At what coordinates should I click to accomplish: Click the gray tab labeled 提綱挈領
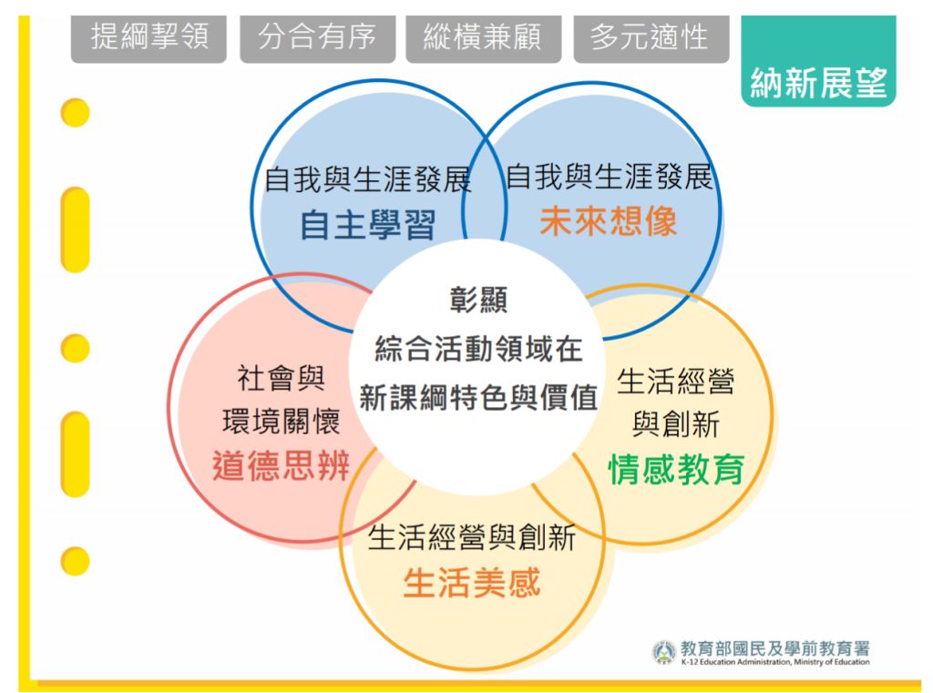point(149,38)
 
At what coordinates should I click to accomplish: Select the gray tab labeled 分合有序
point(318,38)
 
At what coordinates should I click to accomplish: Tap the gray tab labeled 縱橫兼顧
point(483,38)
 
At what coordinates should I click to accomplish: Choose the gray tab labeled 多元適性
point(651,38)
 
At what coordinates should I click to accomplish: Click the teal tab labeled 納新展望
point(819,61)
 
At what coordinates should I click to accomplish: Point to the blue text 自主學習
point(368,225)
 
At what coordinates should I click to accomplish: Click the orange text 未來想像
point(608,221)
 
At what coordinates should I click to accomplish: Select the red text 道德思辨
point(281,465)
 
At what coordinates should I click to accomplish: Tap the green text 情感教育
point(677,469)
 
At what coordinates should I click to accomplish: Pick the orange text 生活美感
point(472,583)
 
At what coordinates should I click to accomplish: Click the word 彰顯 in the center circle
point(478,300)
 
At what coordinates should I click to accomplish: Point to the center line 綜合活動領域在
point(478,349)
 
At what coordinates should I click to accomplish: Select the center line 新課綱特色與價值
point(478,397)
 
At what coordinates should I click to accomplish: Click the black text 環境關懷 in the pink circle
point(281,422)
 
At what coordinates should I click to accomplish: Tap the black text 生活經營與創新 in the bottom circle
point(472,538)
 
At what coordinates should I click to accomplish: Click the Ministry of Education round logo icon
point(664,653)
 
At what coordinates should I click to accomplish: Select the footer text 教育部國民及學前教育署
point(774,648)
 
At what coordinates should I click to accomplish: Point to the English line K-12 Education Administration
point(775,662)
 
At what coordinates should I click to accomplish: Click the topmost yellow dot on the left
point(75,113)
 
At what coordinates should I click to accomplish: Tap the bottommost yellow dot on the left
point(75,561)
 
